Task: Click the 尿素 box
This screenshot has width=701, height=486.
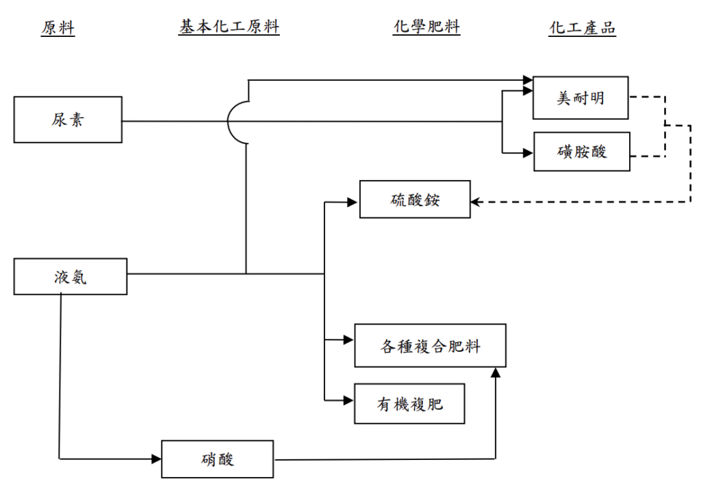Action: pyautogui.click(x=68, y=120)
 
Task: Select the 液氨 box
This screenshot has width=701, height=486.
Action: pyautogui.click(x=71, y=277)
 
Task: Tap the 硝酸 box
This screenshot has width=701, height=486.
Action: pyautogui.click(x=217, y=459)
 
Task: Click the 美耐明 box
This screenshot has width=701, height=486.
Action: pyautogui.click(x=581, y=98)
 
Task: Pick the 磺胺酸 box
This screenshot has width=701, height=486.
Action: pyautogui.click(x=581, y=151)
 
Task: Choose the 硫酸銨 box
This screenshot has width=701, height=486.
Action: pyautogui.click(x=415, y=199)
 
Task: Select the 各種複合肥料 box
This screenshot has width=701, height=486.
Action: pyautogui.click(x=430, y=346)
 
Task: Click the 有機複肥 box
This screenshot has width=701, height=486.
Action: pyautogui.click(x=409, y=404)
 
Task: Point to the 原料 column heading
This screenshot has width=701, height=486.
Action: pyautogui.click(x=58, y=28)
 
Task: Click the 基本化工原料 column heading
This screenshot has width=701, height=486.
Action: pyautogui.click(x=229, y=27)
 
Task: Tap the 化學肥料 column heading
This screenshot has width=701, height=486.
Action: pyautogui.click(x=426, y=27)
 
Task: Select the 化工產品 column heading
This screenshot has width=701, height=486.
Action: pyautogui.click(x=583, y=28)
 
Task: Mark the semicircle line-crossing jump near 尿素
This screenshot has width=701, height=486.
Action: pyautogui.click(x=237, y=121)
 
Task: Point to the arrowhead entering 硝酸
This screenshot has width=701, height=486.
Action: pyautogui.click(x=156, y=459)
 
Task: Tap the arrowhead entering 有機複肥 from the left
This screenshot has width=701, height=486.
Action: pyautogui.click(x=348, y=400)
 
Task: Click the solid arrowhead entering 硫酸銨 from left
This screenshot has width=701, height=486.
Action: pyautogui.click(x=353, y=202)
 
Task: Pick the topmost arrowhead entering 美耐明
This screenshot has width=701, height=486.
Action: pyautogui.click(x=527, y=80)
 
